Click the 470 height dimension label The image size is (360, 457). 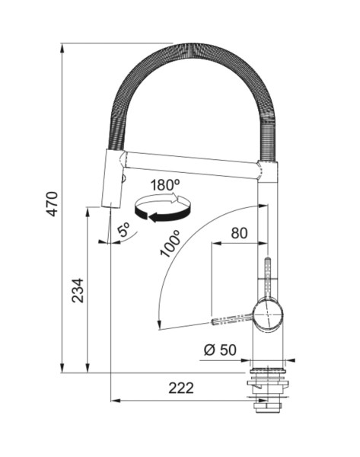[53, 203]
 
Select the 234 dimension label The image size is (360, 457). [78, 291]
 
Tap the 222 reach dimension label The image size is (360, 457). [181, 388]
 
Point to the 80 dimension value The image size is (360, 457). [240, 233]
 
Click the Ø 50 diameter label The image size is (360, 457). [220, 350]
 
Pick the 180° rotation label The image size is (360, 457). [165, 185]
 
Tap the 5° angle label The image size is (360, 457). [124, 229]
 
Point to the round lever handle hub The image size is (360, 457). [268, 315]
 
